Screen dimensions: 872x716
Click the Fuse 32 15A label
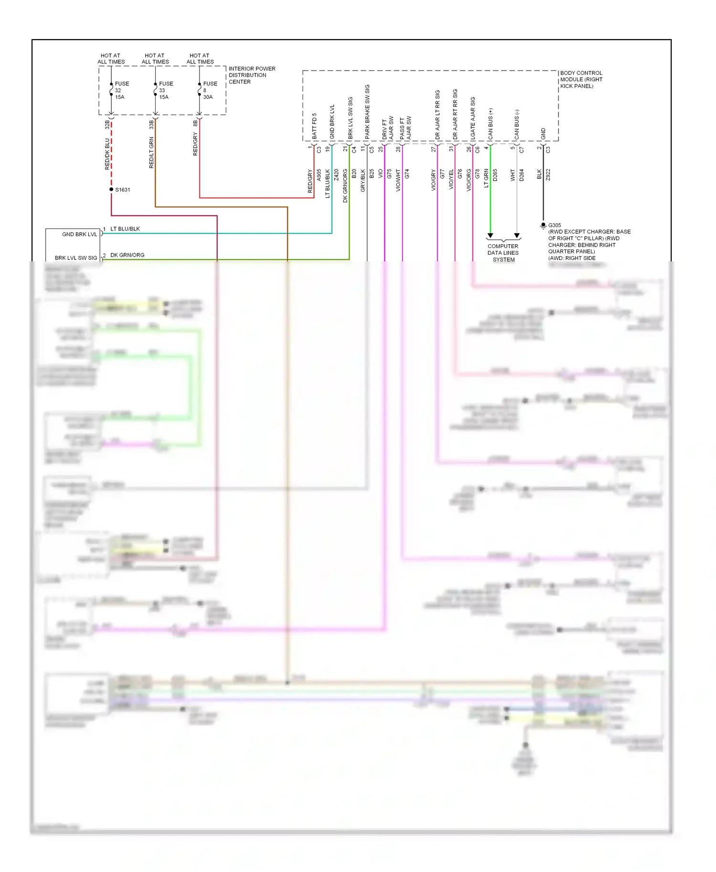[120, 90]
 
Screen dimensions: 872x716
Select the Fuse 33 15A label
[165, 90]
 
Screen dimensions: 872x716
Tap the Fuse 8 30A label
[210, 90]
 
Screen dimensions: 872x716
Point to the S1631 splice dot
[111, 189]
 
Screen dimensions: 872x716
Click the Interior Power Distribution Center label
[251, 75]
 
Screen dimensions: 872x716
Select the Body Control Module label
[580, 80]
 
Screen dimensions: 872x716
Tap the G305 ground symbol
[543, 225]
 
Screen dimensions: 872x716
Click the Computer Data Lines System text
[503, 253]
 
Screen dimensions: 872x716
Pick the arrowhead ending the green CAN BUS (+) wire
[490, 236]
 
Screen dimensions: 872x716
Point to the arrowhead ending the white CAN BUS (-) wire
[517, 236]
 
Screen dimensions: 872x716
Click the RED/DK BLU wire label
[107, 154]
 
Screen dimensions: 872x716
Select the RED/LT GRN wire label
[151, 153]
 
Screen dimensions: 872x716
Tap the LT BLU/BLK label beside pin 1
[125, 229]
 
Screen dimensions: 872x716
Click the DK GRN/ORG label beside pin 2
[127, 255]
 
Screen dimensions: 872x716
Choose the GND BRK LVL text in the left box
[79, 234]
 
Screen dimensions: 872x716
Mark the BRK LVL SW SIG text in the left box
[76, 258]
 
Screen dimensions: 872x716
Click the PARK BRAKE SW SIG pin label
[367, 112]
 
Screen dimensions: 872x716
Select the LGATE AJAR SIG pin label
[473, 118]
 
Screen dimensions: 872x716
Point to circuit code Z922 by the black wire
[548, 175]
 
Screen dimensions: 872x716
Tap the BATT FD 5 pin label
[314, 126]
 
